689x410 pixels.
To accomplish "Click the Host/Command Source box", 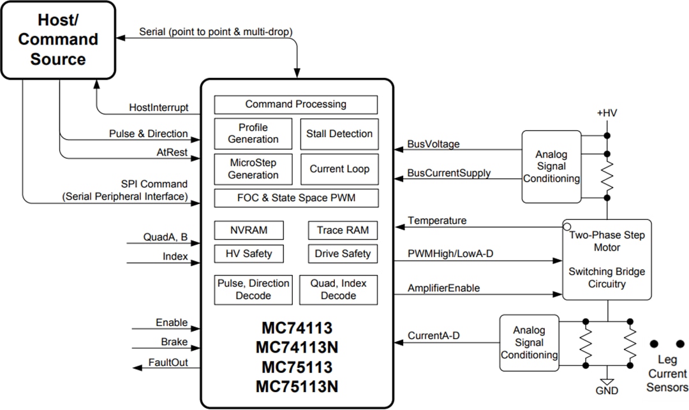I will click(x=58, y=40).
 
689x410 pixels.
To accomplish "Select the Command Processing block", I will click(x=295, y=105).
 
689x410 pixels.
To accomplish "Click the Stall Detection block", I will click(x=339, y=134).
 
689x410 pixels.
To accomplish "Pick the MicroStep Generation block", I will click(x=253, y=169).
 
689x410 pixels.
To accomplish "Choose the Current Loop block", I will click(x=339, y=169).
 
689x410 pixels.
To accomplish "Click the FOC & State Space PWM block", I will click(x=295, y=198).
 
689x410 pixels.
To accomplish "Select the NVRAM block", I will click(x=249, y=230).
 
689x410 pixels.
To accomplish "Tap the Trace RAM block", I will click(x=343, y=230).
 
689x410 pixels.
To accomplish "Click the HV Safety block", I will click(x=249, y=254).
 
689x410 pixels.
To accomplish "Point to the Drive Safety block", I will click(x=343, y=254).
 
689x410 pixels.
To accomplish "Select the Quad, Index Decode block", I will click(x=338, y=289).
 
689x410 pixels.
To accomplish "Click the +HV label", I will click(x=607, y=113).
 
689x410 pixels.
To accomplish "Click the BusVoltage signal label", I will click(x=433, y=145).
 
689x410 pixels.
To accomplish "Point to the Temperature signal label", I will click(x=437, y=221).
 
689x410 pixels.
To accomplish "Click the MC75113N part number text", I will click(x=297, y=387).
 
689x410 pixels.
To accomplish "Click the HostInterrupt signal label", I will click(x=159, y=108).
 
